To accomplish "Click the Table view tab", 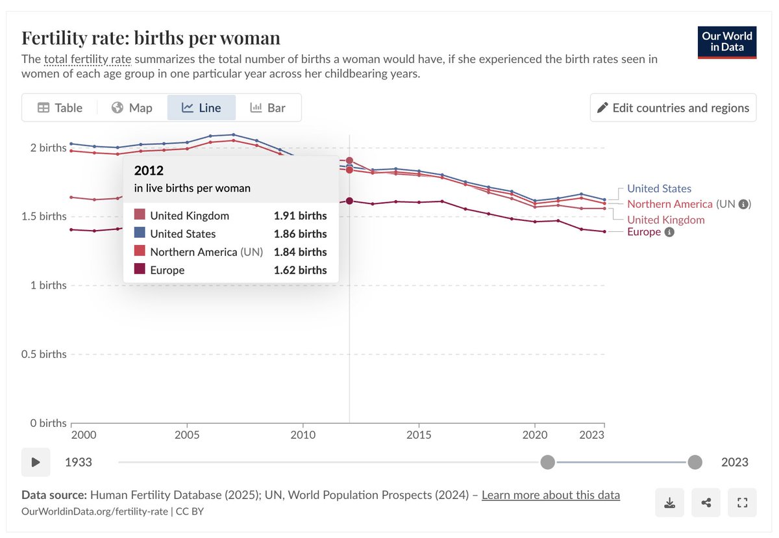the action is point(60,108).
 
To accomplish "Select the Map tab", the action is point(132,108).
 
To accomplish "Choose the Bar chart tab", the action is point(267,108).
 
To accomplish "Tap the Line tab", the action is point(201,108).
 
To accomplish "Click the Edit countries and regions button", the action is point(673,108).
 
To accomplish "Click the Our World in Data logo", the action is point(727,42).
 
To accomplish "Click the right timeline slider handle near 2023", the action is point(695,462).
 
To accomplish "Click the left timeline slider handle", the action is point(547,462).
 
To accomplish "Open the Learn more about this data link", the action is point(550,495).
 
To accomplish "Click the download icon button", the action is point(669,502).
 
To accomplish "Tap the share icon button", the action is point(706,502).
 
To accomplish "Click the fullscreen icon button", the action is point(742,502).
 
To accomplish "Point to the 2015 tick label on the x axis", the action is point(419,435).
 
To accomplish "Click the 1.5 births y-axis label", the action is point(44,216).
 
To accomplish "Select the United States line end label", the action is point(659,188).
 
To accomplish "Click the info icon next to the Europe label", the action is point(669,232).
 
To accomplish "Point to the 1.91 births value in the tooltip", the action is point(300,216).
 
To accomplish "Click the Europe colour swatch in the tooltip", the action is point(140,268).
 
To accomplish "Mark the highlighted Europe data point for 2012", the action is point(349,201).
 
